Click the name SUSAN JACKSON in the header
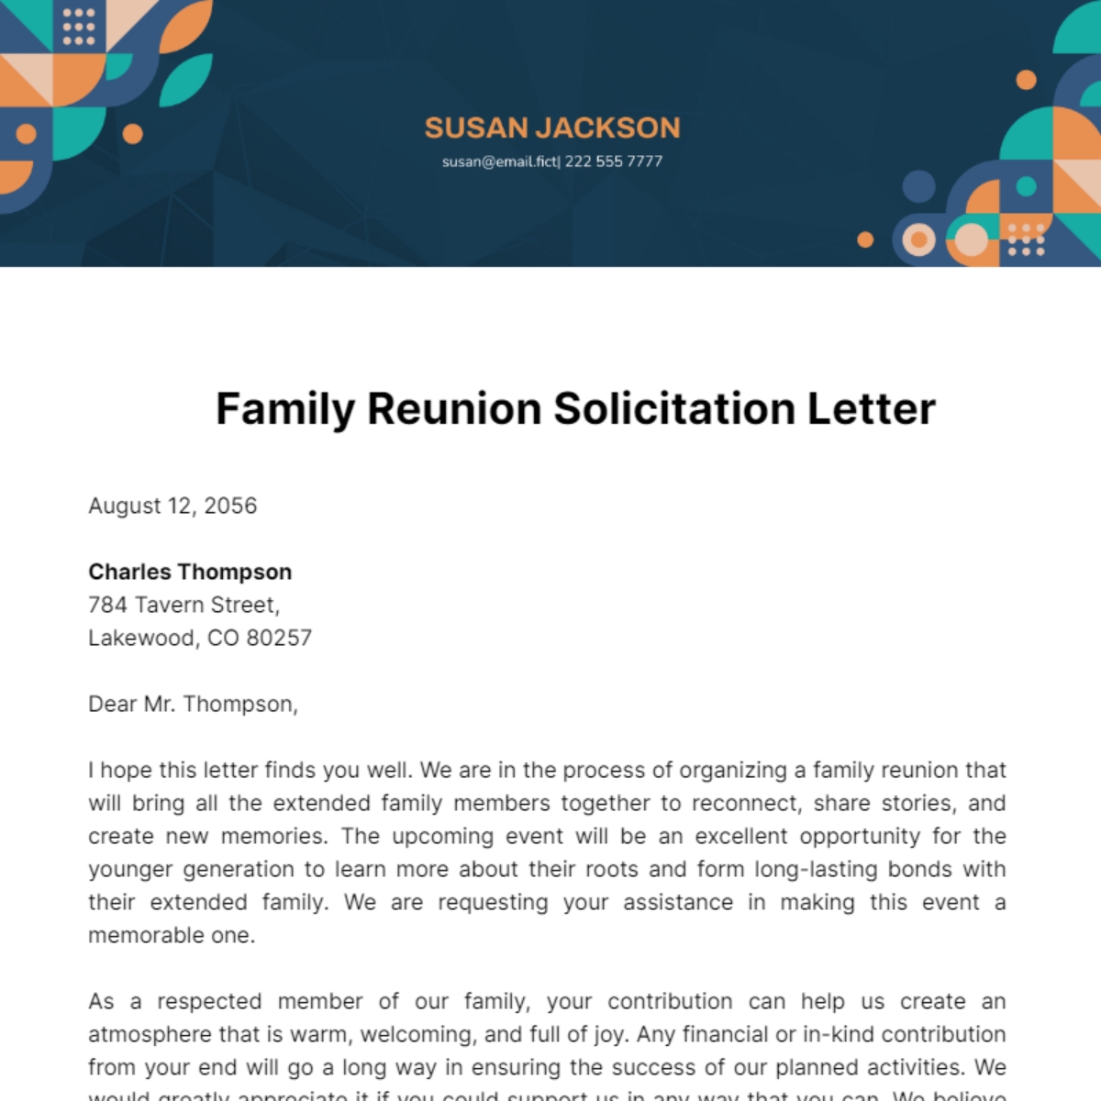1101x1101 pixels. (551, 128)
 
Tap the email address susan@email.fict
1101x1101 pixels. (499, 161)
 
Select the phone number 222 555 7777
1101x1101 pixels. (613, 161)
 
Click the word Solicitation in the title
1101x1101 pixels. (673, 409)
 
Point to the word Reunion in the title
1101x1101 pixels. (453, 409)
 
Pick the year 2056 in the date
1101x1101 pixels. (230, 506)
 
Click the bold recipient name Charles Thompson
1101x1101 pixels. (190, 572)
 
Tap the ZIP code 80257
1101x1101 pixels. (279, 638)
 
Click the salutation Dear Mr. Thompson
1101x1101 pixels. (193, 704)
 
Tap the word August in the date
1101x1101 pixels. (124, 506)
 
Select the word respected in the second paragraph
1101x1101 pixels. (209, 1001)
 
